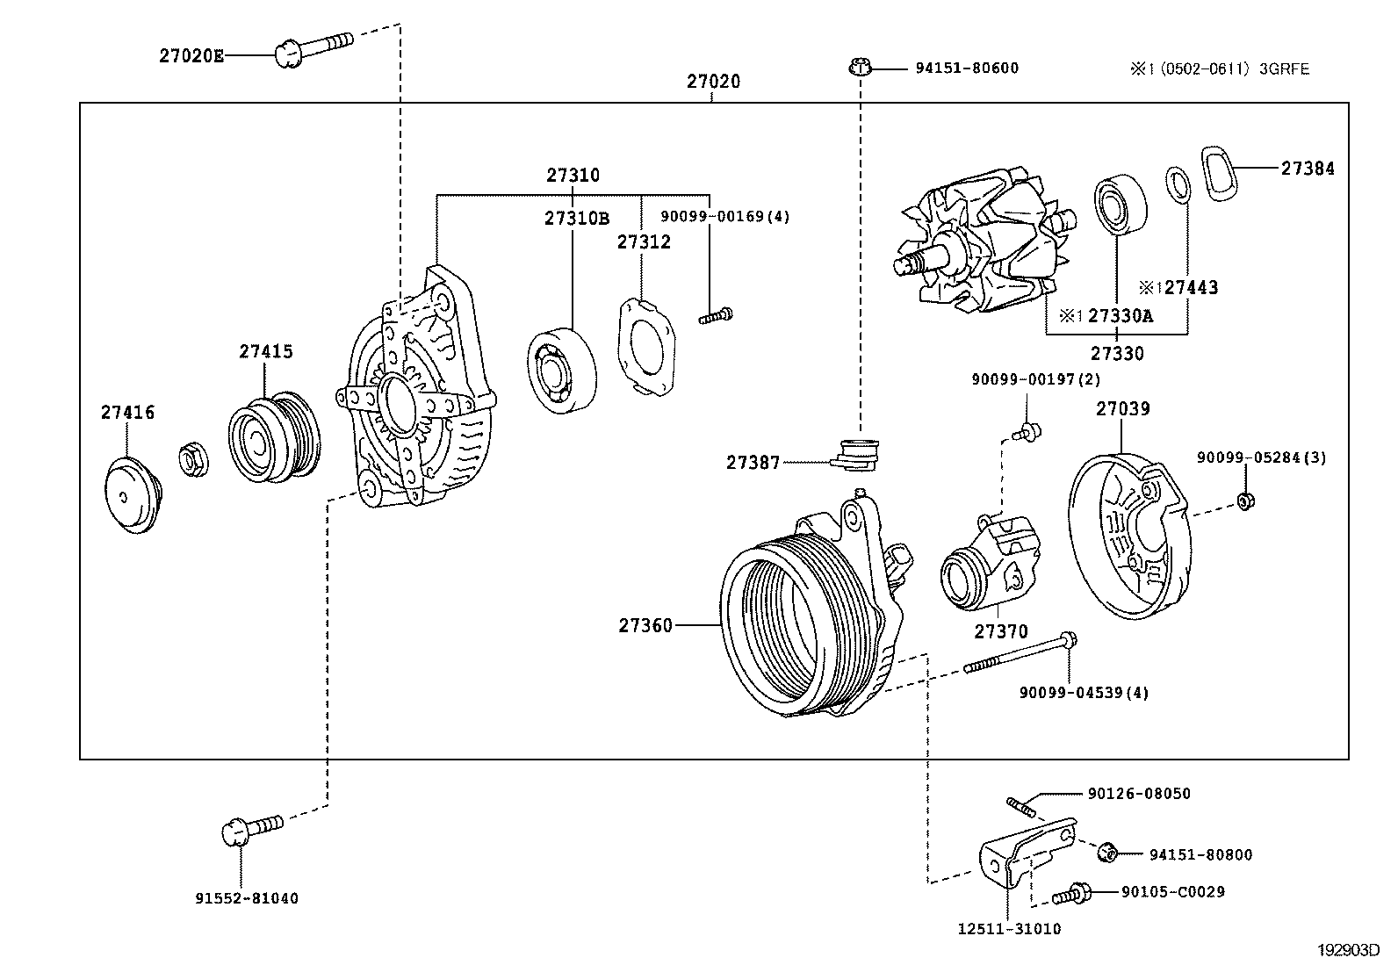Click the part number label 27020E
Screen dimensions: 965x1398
[191, 56]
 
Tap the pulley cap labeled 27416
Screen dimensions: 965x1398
[131, 496]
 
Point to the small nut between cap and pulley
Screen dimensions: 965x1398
[193, 458]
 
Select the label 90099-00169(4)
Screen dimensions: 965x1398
[725, 216]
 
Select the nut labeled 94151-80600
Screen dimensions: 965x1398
[860, 67]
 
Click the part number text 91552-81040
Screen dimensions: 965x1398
[247, 898]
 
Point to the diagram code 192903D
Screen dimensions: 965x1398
[1347, 950]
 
